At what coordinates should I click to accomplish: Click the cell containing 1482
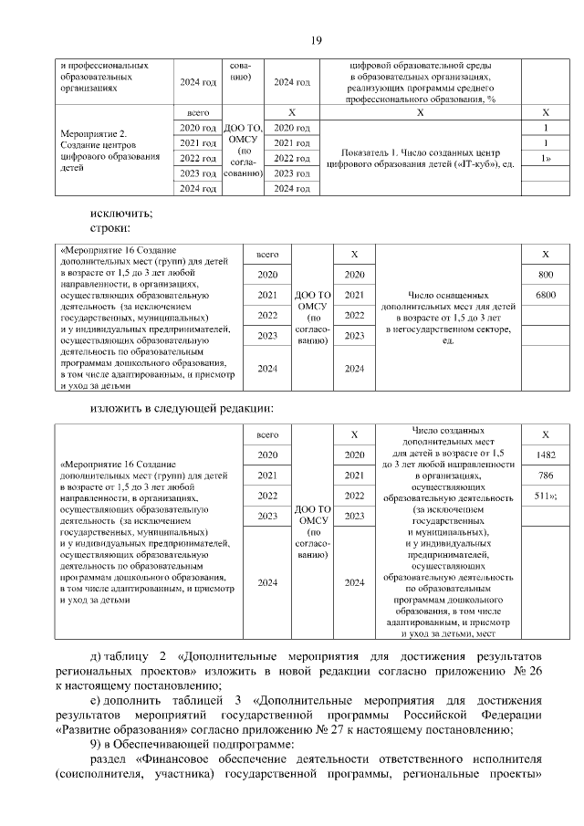pos(546,455)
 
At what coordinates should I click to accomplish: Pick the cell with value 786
pos(546,476)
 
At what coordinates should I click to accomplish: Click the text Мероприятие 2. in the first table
pos(91,133)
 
